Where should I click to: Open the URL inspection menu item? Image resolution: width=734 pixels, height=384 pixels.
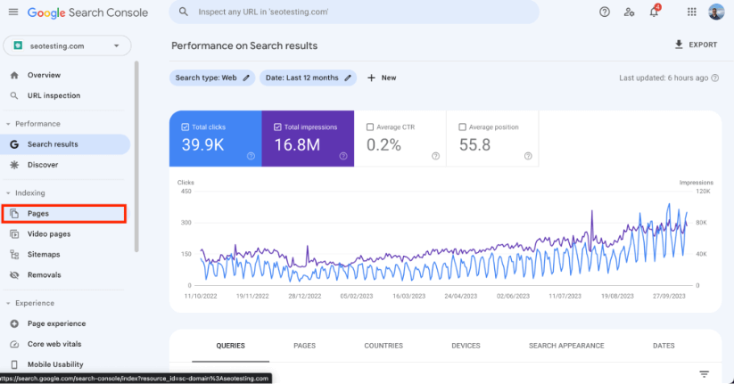tap(54, 95)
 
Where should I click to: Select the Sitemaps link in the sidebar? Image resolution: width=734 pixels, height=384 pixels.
tap(44, 255)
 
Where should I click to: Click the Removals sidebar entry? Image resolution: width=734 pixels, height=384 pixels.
tap(44, 275)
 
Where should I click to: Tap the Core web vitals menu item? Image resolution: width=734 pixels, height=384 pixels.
tap(54, 344)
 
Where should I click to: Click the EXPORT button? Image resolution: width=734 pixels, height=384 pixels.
tap(696, 45)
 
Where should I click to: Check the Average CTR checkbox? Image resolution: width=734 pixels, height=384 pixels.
tap(370, 127)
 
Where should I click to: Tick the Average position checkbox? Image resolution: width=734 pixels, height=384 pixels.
tap(463, 127)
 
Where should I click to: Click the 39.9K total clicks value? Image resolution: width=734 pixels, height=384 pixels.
tap(202, 145)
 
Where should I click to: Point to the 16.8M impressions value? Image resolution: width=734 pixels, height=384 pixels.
tap(297, 145)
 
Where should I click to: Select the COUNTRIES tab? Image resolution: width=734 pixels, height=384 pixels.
tap(383, 346)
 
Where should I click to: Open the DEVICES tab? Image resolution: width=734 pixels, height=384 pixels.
tap(466, 346)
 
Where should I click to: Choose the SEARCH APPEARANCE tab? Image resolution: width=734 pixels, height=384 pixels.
tap(566, 346)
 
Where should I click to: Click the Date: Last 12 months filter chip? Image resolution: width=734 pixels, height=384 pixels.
tap(308, 78)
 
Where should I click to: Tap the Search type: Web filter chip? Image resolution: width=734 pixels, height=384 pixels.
tap(212, 78)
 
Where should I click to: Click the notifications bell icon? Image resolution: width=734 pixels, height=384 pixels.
tap(654, 12)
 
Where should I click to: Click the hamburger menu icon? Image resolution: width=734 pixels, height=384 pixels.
tap(13, 12)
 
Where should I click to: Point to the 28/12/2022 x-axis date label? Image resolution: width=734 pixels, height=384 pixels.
tap(305, 296)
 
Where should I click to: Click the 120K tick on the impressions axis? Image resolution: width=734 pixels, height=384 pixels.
tap(703, 192)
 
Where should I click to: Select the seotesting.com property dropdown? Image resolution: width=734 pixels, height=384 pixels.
tap(67, 45)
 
